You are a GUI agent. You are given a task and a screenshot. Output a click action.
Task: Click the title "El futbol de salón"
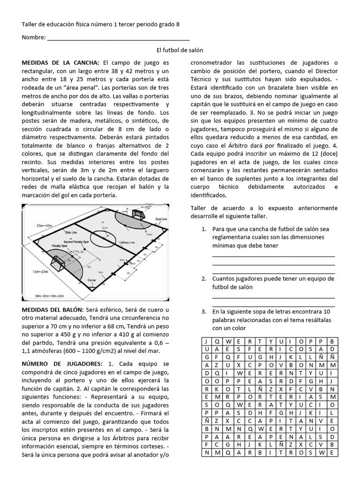(x=180, y=50)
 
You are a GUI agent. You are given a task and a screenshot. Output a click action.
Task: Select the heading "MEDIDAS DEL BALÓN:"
(x=52, y=310)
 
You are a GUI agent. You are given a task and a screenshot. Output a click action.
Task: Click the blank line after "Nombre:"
(x=118, y=37)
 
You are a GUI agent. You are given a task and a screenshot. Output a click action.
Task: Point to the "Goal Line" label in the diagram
(x=161, y=219)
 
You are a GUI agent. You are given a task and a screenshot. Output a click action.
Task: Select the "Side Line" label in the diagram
(x=71, y=232)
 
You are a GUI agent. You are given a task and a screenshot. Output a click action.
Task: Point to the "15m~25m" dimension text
(x=41, y=271)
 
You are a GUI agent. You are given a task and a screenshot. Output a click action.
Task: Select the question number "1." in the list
(x=203, y=229)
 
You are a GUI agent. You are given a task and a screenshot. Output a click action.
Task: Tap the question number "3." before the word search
(x=203, y=311)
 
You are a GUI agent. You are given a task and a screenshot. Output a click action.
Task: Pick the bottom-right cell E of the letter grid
(x=331, y=452)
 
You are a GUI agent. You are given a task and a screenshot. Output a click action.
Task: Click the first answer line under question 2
(x=273, y=298)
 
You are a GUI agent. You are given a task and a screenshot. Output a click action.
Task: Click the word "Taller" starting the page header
(x=30, y=24)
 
